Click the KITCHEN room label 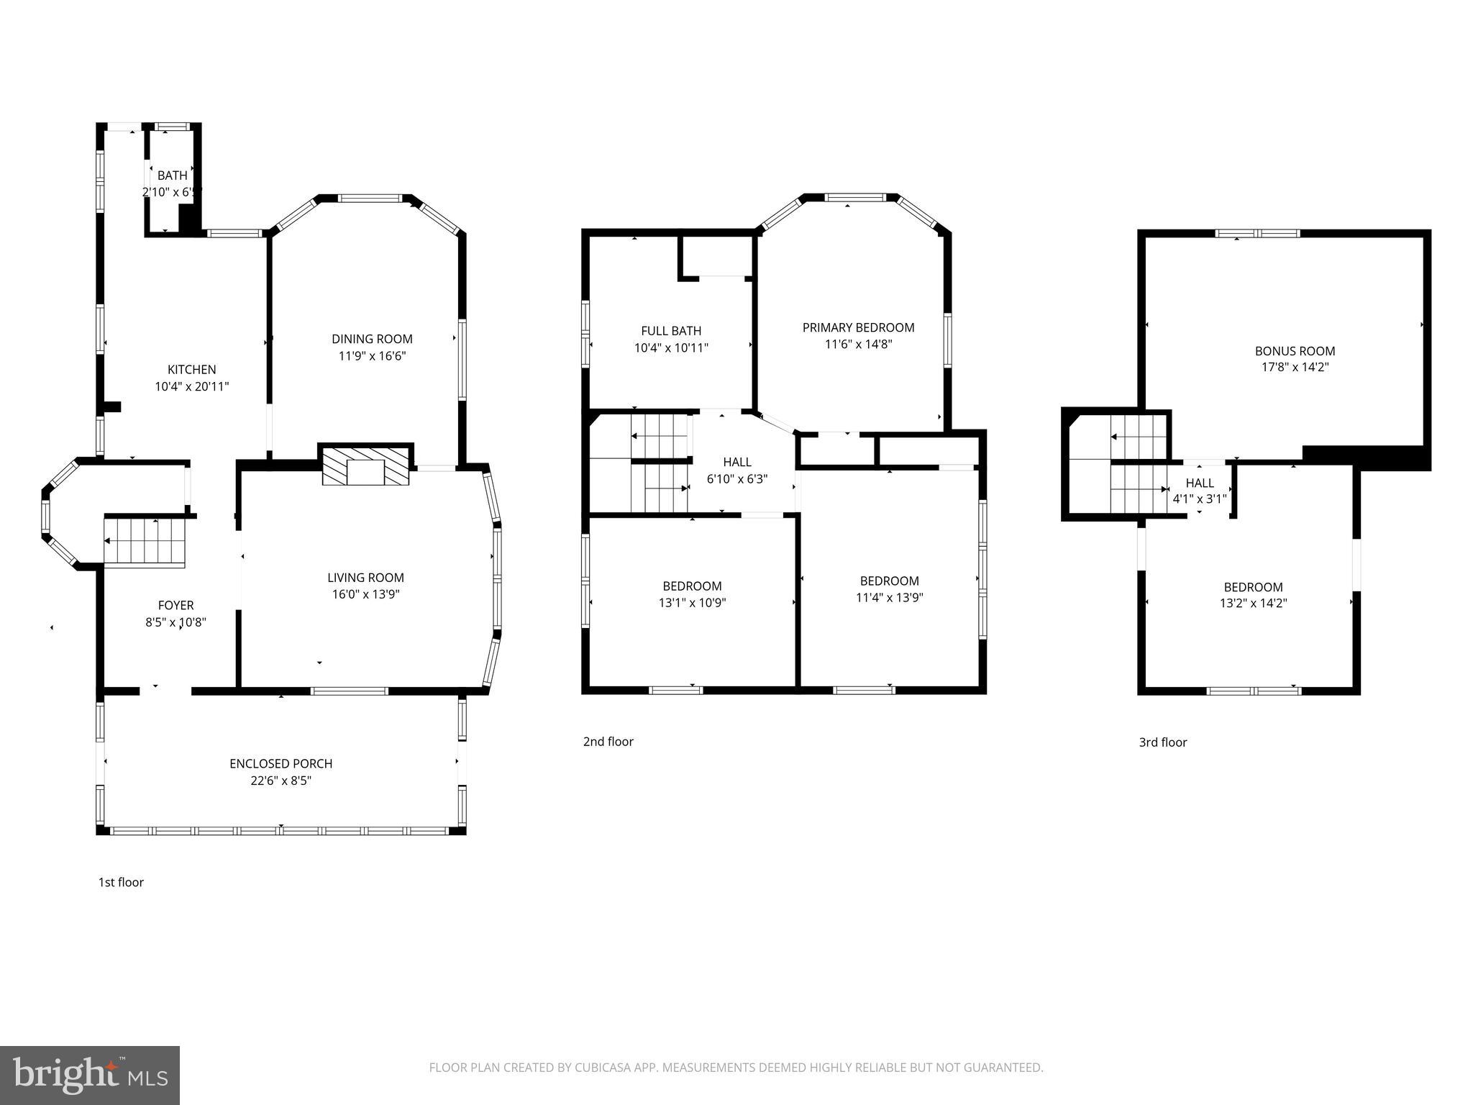(x=191, y=370)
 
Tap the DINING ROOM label (x=372, y=339)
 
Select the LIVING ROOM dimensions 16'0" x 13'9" (x=365, y=594)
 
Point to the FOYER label (x=175, y=606)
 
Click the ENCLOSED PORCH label (x=281, y=763)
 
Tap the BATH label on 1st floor (x=172, y=176)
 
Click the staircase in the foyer (x=145, y=541)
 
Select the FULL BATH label (x=671, y=331)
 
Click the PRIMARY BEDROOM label (x=858, y=328)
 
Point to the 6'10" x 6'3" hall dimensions (x=736, y=478)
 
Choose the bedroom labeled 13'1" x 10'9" (x=692, y=594)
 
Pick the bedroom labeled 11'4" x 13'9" (x=889, y=589)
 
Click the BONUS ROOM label (x=1295, y=351)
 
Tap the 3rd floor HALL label (x=1199, y=483)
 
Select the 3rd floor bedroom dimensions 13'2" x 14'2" (x=1253, y=604)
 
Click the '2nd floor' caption (x=608, y=742)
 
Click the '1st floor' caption (x=121, y=883)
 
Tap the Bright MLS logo (x=90, y=1075)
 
